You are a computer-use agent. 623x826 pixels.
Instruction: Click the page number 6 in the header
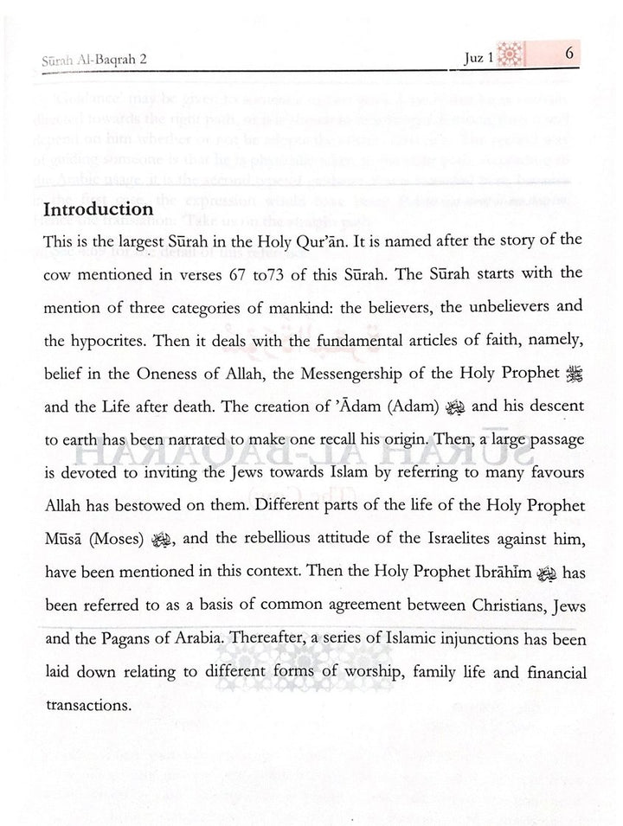570,54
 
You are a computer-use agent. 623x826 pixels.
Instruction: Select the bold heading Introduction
98,209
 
